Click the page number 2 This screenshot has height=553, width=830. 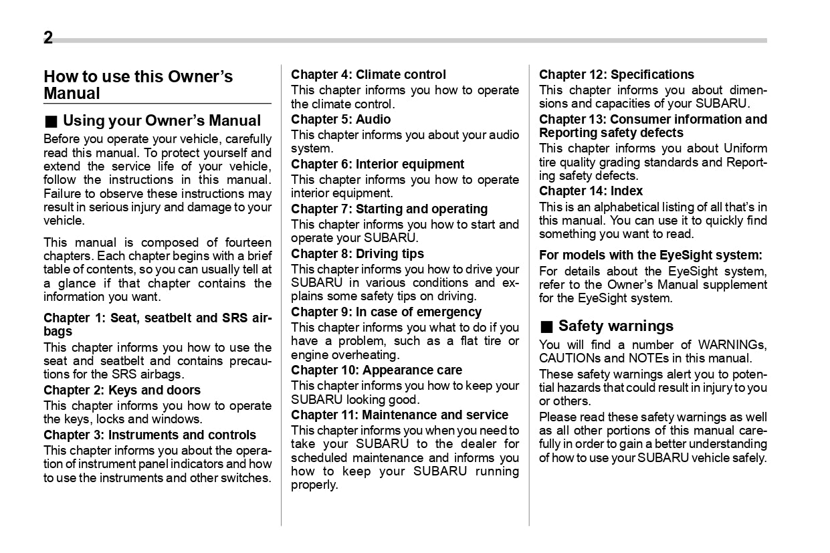48,38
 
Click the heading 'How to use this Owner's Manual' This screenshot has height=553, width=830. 138,85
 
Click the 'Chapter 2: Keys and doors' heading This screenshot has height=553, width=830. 122,390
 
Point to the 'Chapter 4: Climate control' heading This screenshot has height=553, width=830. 368,74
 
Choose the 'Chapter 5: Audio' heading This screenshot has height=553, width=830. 340,119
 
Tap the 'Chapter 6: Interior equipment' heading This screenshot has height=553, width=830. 377,164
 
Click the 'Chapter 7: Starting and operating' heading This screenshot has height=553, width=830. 389,209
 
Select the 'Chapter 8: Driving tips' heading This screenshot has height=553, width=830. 357,253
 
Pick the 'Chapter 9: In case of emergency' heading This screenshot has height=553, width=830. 386,312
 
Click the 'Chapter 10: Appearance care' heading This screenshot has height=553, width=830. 376,370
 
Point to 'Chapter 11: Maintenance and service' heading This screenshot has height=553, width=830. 399,415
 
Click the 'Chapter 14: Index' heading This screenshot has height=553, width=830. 591,191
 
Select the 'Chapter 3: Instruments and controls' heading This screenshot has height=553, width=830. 150,435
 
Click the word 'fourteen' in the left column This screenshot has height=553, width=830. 247,243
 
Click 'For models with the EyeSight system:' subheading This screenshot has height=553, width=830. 650,255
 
